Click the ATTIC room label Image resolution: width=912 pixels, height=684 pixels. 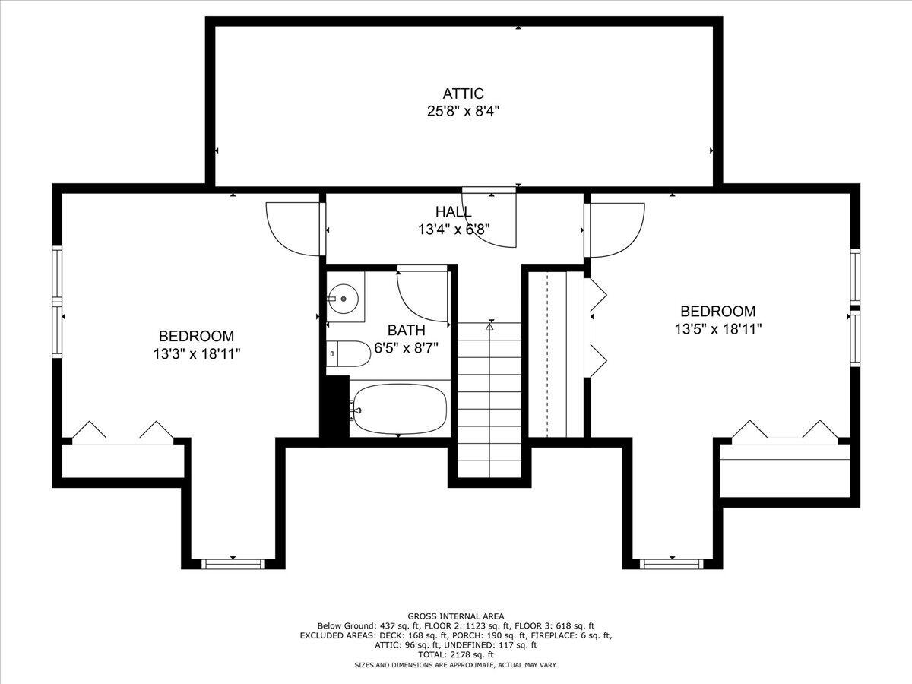click(463, 93)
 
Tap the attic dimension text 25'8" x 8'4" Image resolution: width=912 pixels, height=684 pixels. click(463, 111)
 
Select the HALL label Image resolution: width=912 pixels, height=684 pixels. click(454, 211)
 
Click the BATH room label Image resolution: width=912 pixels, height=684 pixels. click(406, 331)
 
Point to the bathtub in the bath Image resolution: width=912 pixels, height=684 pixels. click(400, 410)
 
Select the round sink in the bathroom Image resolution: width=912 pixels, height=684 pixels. click(344, 299)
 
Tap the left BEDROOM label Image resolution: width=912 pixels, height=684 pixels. click(196, 336)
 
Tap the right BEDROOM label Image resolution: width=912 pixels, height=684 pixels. click(717, 311)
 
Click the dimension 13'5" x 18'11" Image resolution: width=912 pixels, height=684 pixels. click(717, 328)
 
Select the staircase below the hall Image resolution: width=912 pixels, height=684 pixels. click(489, 399)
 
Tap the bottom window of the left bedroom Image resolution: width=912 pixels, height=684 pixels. click(233, 563)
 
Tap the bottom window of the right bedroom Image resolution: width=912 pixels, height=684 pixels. click(670, 563)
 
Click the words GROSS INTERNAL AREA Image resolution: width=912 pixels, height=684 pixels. click(455, 616)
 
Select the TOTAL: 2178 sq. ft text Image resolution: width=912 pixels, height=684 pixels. click(455, 654)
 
